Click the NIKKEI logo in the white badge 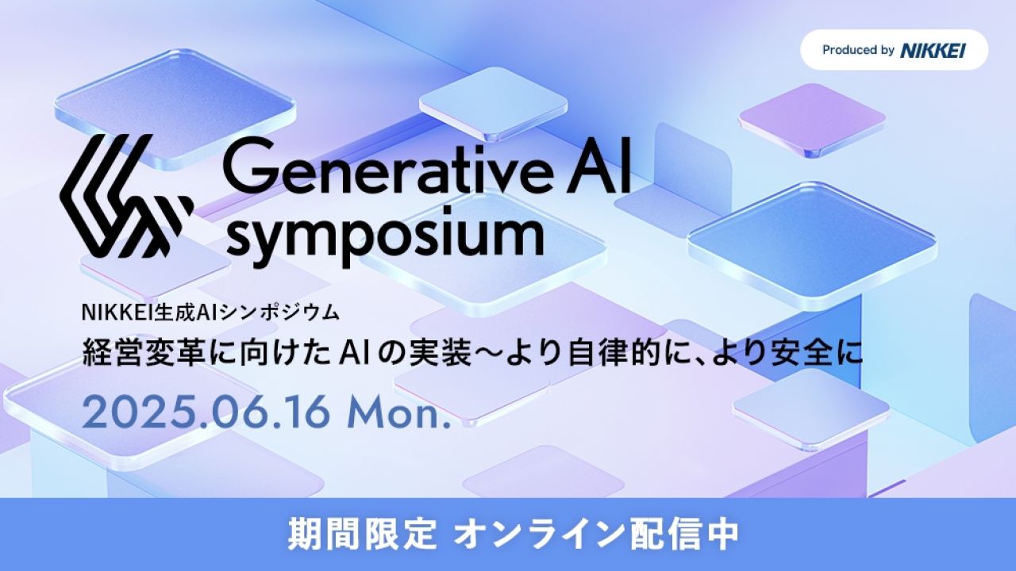pos(933,50)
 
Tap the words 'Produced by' pos(858,50)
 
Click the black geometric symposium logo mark pos(126,196)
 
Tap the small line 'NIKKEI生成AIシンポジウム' pos(210,312)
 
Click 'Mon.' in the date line pos(398,413)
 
